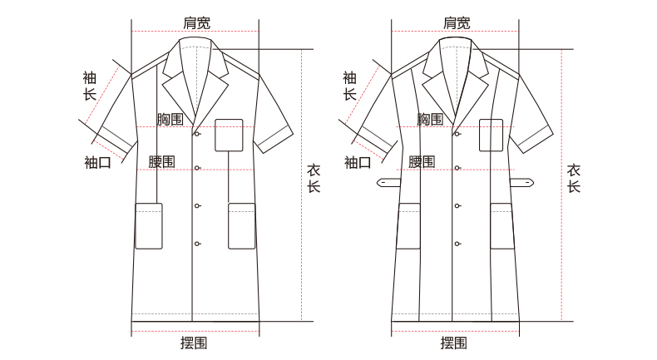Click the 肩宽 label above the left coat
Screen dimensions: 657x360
tap(196, 22)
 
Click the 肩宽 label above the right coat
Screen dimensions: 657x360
tap(457, 22)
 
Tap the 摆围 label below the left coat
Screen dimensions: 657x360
tap(194, 343)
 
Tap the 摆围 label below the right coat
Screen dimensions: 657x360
tap(454, 343)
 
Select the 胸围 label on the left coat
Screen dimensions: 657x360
tap(170, 119)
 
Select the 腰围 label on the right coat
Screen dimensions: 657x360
tap(422, 162)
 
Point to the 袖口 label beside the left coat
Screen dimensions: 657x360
tap(97, 162)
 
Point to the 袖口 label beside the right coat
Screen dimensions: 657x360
tap(358, 162)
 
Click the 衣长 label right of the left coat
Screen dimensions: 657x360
tap(314, 179)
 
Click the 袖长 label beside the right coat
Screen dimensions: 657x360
tap(350, 86)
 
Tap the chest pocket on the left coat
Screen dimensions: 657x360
tap(229, 135)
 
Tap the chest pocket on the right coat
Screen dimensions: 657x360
tap(491, 135)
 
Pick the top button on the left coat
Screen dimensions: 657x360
tap(197, 134)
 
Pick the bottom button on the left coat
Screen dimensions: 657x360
tap(197, 244)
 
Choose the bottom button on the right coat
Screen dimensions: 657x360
tap(457, 244)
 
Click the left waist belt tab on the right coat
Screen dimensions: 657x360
tap(388, 183)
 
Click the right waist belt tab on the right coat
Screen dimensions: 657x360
tap(522, 183)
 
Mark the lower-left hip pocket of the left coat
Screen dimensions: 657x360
tap(149, 226)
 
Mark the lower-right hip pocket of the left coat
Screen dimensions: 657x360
tap(242, 226)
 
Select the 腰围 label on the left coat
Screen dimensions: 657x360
tap(161, 162)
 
